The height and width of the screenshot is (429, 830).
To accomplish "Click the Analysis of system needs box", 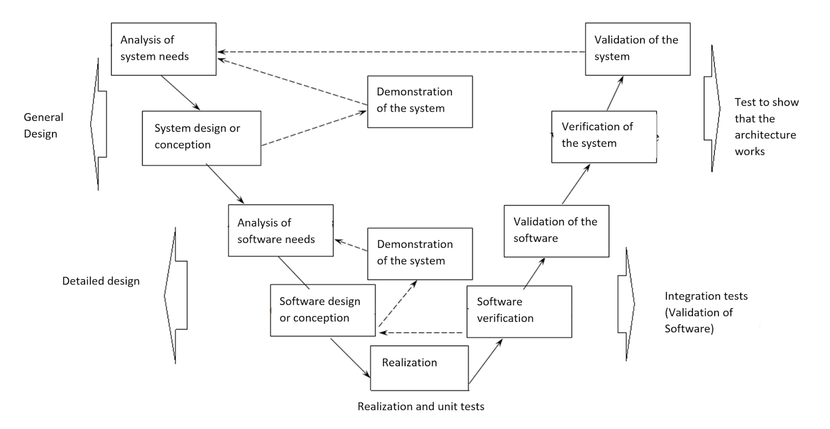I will point(163,49).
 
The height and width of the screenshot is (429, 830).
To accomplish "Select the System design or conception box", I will point(201,138).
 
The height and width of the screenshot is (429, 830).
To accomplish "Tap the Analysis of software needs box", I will point(281,231).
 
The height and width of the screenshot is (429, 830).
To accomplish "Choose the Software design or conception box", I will point(323,310).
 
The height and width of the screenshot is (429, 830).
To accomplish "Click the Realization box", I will point(419,368).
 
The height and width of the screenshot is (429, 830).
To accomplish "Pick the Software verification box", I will point(519,311).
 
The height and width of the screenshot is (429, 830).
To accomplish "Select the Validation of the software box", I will point(556,231).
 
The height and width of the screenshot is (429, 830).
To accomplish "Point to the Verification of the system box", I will point(604,137).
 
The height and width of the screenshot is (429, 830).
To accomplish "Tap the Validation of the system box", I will point(638,49).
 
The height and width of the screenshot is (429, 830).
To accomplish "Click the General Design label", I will point(43,125).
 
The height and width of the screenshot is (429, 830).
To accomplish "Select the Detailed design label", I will point(101,281).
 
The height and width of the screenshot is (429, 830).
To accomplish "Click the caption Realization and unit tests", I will point(421,407).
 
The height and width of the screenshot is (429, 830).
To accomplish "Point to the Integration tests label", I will point(706,296).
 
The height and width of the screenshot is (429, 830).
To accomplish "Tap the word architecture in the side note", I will point(765,135).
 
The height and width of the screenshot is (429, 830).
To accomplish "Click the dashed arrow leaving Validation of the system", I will point(399,52).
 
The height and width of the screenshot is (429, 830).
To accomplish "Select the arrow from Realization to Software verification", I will point(486,362).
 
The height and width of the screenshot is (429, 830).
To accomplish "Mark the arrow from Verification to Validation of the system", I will point(615,93).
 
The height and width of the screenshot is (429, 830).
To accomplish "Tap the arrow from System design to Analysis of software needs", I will point(225,184).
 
